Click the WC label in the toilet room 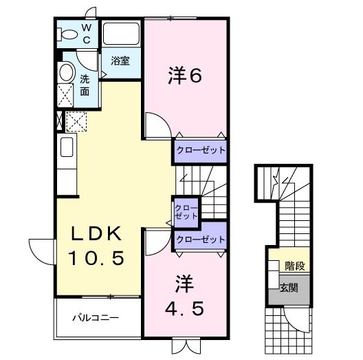pyautogui.click(x=87, y=33)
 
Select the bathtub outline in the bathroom pyautogui.click(x=122, y=35)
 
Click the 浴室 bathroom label pyautogui.click(x=120, y=61)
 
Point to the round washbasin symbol pyautogui.click(x=67, y=73)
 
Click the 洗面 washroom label pyautogui.click(x=85, y=85)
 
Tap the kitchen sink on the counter pyautogui.click(x=67, y=147)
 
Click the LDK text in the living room pyautogui.click(x=96, y=233)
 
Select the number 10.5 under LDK pyautogui.click(x=96, y=259)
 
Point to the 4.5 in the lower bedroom pyautogui.click(x=184, y=309)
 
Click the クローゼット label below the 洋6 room pyautogui.click(x=200, y=150)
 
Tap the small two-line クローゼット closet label pyautogui.click(x=186, y=211)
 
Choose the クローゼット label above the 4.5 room pyautogui.click(x=200, y=240)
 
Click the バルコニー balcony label pyautogui.click(x=96, y=319)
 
